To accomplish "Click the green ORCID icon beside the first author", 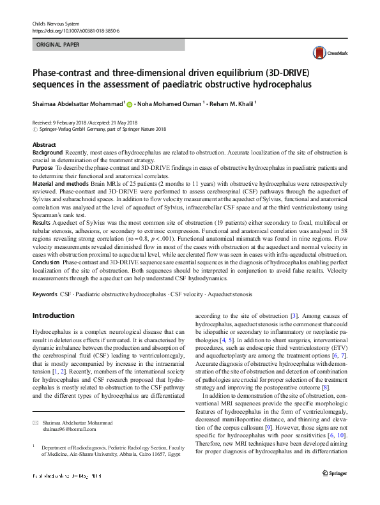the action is (x=129, y=103).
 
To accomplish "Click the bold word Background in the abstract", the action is (x=47, y=153).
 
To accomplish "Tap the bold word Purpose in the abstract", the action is (x=43, y=167).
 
